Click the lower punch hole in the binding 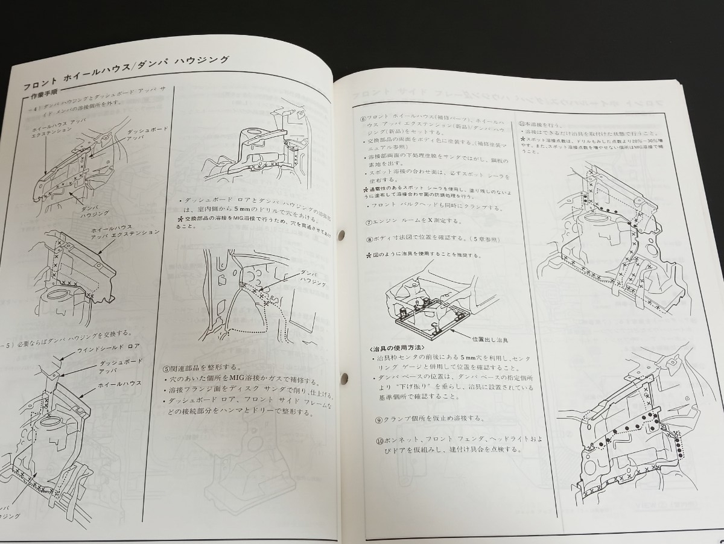click(345, 379)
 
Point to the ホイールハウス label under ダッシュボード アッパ click(119, 384)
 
